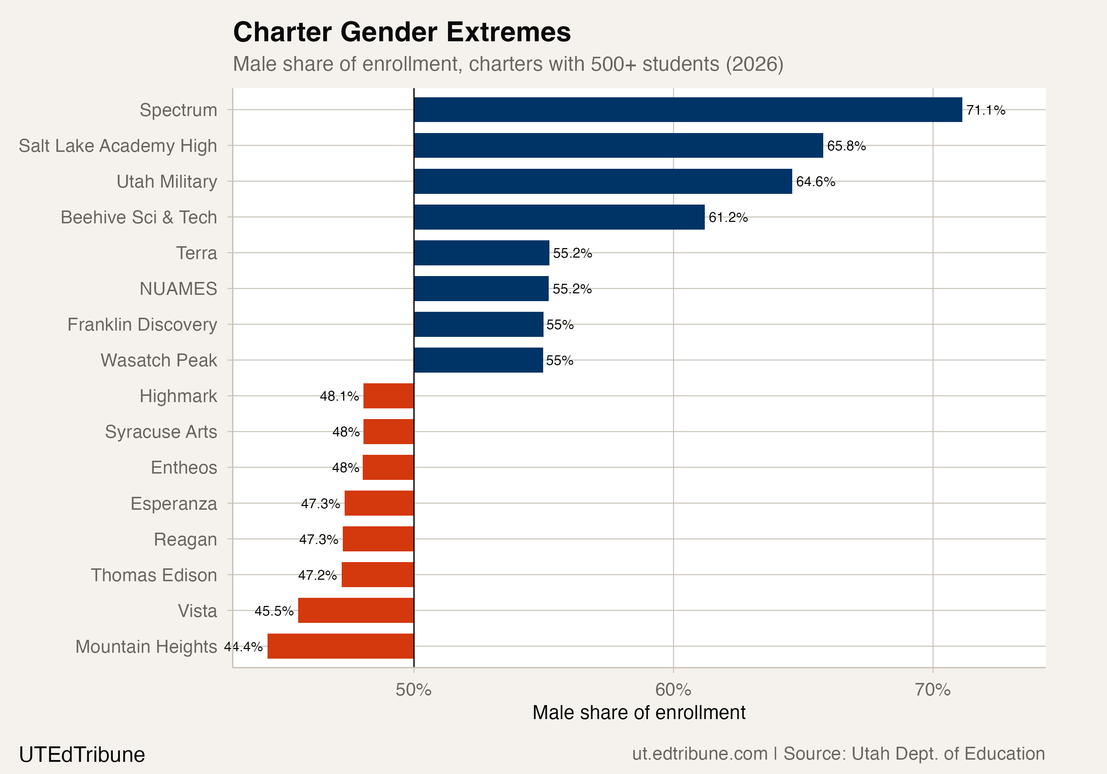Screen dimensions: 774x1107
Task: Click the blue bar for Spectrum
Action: tap(687, 110)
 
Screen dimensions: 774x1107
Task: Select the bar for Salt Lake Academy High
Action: tap(618, 146)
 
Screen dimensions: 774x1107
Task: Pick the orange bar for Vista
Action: tap(356, 610)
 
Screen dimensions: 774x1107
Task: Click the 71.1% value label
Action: tap(986, 110)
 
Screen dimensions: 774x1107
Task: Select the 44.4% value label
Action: tap(244, 646)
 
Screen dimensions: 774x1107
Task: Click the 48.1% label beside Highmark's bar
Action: tap(339, 396)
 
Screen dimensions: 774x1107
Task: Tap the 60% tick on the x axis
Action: tap(673, 690)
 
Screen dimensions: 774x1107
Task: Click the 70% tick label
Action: tap(932, 690)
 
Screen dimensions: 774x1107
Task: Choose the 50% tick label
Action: tap(413, 690)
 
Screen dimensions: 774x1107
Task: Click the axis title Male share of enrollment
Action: tap(639, 712)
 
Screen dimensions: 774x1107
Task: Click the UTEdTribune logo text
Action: tap(82, 754)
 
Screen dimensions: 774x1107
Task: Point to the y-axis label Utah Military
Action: tap(167, 182)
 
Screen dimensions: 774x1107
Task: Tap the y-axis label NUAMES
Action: tap(178, 289)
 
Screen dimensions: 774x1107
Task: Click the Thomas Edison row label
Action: tap(154, 575)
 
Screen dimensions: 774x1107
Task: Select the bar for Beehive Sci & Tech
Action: tap(559, 217)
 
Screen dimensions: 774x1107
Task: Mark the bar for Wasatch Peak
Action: tap(478, 360)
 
